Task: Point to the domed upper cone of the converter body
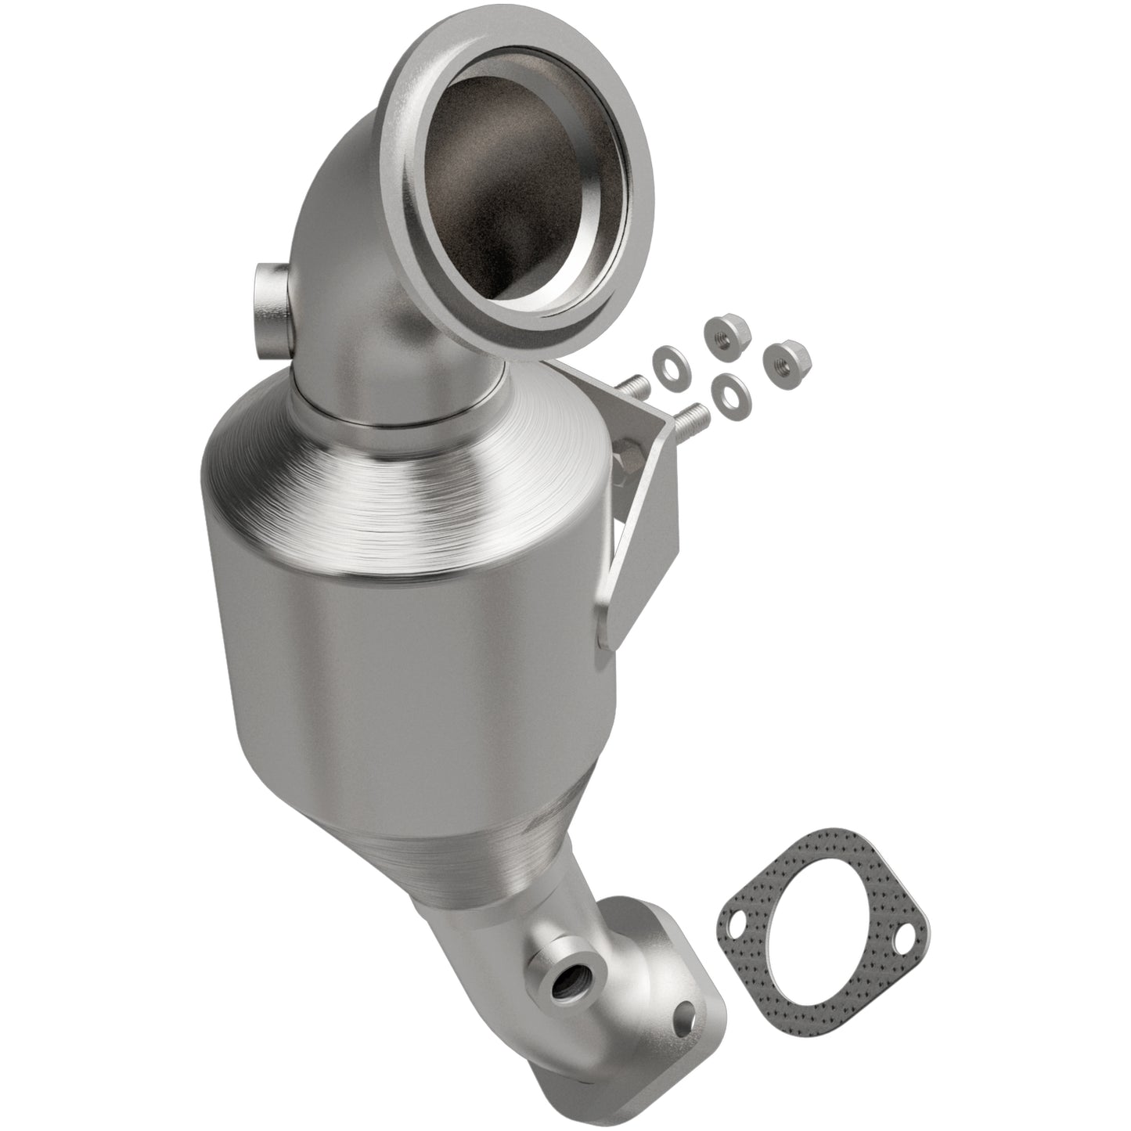(x=438, y=485)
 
